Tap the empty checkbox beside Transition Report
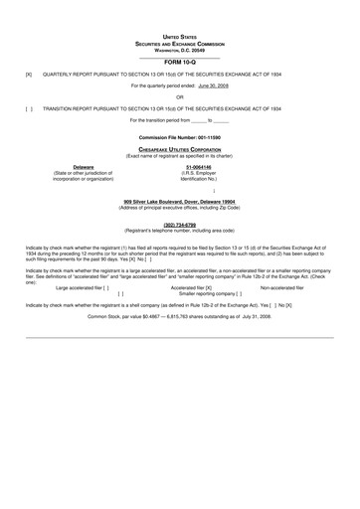point(28,107)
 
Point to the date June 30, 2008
point(213,85)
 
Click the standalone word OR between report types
point(179,96)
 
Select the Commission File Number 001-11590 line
point(179,134)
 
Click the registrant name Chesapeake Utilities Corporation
point(179,146)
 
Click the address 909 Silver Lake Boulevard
point(179,200)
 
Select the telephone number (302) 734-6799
point(179,224)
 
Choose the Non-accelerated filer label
point(282,287)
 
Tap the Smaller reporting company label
point(213,294)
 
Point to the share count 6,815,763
point(190,316)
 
